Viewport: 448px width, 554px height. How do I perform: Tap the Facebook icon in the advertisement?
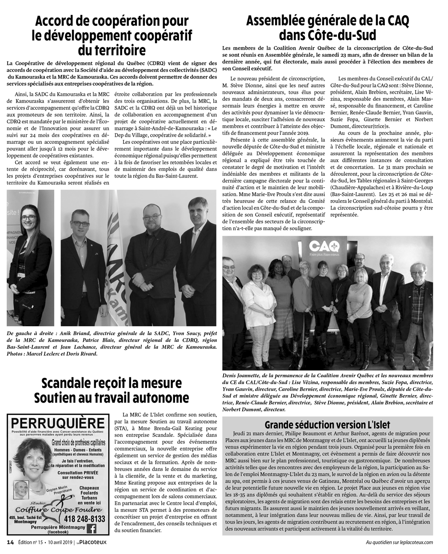coord(92,528)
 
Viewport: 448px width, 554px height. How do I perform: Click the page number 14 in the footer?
coord(10,542)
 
